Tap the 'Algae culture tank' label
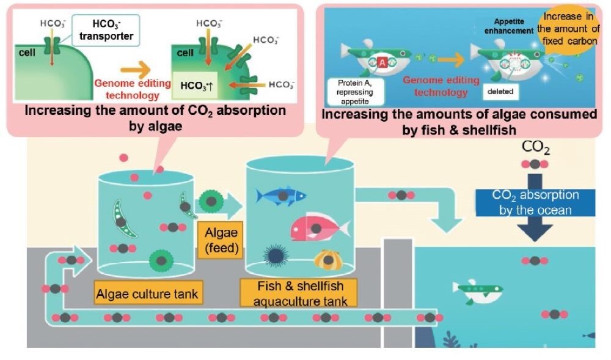point(147,294)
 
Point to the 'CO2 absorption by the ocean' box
point(536,202)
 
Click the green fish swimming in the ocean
point(474,292)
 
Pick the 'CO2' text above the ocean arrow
point(535,147)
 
